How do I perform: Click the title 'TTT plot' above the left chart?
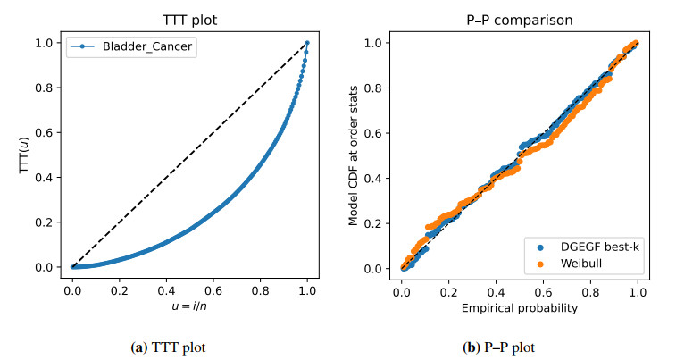(x=189, y=18)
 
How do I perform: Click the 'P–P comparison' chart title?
(x=522, y=18)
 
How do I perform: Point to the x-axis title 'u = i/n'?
(x=189, y=306)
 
